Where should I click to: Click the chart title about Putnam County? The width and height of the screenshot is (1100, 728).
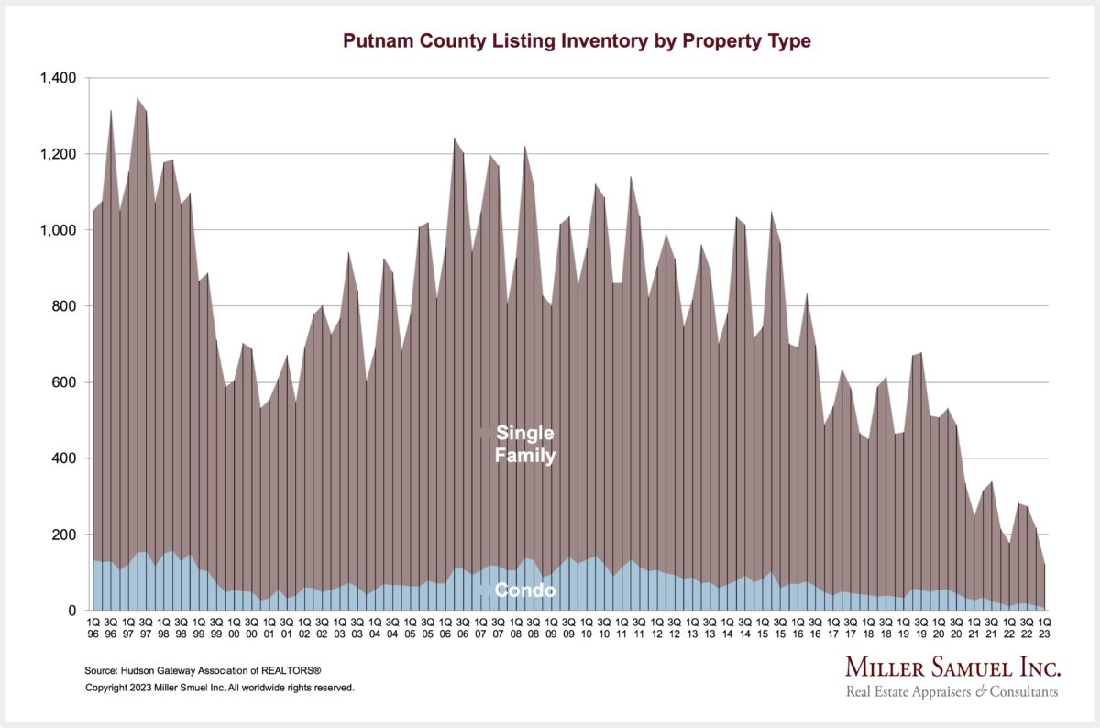(577, 41)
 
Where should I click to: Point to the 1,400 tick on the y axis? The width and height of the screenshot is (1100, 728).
(58, 78)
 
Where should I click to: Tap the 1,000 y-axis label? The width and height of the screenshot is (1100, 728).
(58, 230)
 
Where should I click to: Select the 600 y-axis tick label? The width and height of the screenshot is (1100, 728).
(63, 382)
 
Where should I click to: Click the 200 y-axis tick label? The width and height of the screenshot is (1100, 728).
(63, 535)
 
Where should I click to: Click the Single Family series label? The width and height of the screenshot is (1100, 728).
(524, 444)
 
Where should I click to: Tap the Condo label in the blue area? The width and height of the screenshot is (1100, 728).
(524, 591)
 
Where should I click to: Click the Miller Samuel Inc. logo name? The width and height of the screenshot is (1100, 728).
(952, 667)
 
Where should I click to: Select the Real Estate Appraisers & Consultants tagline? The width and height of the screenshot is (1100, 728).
(952, 692)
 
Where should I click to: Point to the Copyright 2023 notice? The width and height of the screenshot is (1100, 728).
(219, 687)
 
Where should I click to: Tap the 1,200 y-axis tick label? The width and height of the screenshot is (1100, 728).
(58, 154)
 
